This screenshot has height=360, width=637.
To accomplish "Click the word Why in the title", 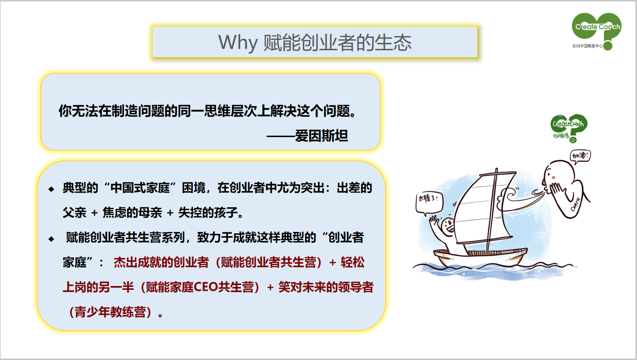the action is coord(238,43).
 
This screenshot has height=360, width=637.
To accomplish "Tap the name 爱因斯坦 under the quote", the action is coord(321,136).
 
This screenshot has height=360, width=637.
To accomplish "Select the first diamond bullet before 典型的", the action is coord(51,189).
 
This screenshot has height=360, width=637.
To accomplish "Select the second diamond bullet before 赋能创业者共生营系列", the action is coord(51,239).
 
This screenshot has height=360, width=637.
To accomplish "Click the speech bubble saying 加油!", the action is coord(580,156).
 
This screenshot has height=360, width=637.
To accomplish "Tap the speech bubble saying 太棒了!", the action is coord(429,203).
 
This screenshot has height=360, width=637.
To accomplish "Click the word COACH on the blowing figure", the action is coord(576,204).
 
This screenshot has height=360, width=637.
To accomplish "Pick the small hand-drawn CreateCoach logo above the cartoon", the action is coord(569,129).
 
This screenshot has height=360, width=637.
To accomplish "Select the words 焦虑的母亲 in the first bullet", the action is coord(132,212).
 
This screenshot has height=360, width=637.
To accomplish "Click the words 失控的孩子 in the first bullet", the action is coord(208,212).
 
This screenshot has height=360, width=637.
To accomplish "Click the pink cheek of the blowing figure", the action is coord(553,177).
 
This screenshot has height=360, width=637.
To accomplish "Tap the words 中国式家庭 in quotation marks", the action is coord(140,188).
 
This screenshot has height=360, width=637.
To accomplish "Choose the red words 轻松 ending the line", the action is coord(352,262).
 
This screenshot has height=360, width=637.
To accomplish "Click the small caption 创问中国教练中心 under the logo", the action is coord(588,46).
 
